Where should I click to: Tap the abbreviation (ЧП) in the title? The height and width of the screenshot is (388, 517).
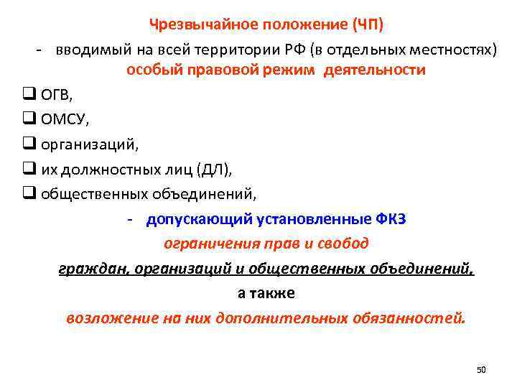click(368, 25)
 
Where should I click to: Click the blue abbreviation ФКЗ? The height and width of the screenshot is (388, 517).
click(391, 219)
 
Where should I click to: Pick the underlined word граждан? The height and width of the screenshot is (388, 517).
click(88, 269)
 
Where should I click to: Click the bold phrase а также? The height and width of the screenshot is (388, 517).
click(266, 293)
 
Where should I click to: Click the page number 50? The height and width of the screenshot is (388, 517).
click(481, 369)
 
